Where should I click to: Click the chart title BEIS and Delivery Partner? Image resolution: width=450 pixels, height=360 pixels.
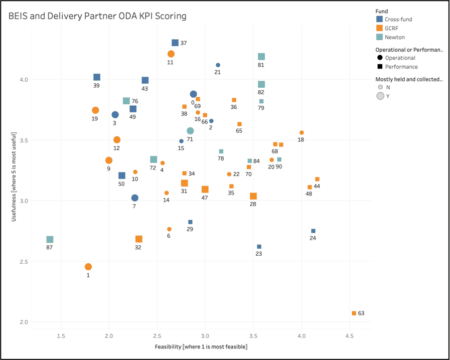[97, 16]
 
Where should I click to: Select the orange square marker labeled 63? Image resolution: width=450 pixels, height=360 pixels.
[354, 313]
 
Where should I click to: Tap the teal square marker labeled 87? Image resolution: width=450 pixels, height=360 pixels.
[50, 240]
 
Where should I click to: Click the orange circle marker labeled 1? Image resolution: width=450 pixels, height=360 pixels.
[88, 267]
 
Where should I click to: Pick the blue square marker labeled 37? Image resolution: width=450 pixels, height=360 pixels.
[175, 43]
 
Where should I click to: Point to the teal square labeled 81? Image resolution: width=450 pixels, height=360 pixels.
[261, 57]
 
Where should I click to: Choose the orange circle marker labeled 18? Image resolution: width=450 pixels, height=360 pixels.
[302, 133]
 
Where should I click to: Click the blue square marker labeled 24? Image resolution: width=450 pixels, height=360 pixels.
[313, 231]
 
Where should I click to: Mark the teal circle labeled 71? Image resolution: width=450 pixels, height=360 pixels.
[190, 131]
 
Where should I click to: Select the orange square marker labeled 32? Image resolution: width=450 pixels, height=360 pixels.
[139, 239]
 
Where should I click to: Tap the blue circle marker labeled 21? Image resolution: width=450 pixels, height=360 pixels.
[218, 65]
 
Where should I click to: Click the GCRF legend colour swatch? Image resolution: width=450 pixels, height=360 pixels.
[380, 28]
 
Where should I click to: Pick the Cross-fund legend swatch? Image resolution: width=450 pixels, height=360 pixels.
[380, 20]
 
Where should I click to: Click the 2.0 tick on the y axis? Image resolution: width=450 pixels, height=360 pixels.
[24, 322]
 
